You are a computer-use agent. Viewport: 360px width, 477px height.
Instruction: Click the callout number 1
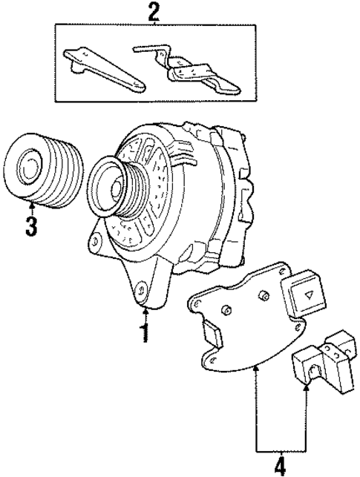click(x=144, y=332)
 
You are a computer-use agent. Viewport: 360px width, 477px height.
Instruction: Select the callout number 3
click(x=30, y=225)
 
